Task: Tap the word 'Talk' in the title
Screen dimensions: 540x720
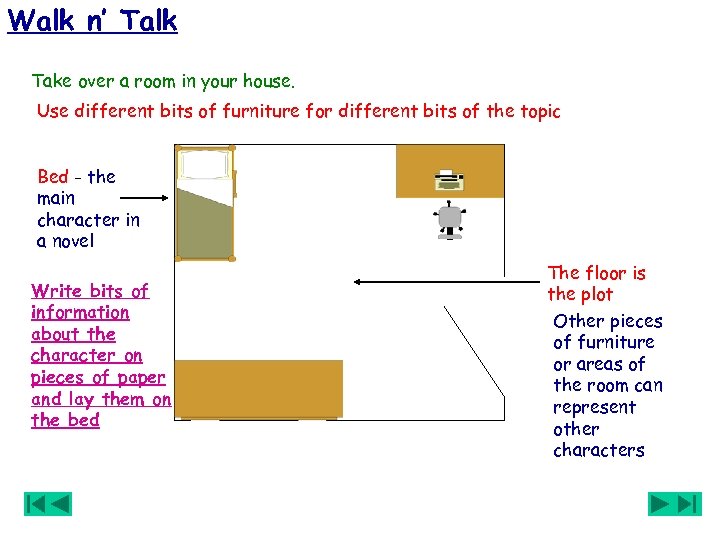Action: [146, 20]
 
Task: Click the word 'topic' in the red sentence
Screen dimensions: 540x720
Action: [538, 111]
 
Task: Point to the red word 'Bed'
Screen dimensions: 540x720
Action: [53, 177]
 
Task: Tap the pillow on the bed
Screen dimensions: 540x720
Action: [204, 165]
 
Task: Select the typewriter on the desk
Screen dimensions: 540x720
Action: [448, 180]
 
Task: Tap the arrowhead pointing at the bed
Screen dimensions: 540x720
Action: [167, 199]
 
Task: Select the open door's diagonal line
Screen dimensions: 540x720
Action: [473, 350]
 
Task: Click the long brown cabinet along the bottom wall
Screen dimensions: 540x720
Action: [259, 388]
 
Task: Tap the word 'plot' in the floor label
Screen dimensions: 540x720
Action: [596, 295]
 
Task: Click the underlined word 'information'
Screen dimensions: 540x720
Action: [80, 313]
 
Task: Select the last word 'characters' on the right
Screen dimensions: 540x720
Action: [598, 450]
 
